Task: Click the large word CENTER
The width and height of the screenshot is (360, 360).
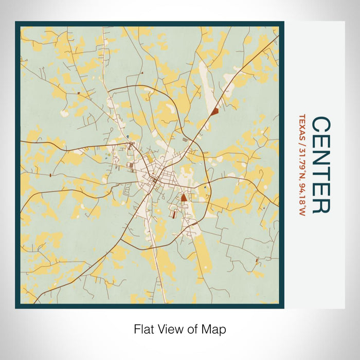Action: [x=321, y=165]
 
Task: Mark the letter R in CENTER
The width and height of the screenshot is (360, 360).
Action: [x=321, y=205]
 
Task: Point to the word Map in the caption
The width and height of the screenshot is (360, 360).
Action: [x=215, y=329]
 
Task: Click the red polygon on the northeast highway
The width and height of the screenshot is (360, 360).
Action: [x=214, y=110]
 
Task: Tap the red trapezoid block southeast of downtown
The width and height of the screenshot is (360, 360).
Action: [x=184, y=197]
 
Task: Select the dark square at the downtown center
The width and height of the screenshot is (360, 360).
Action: [x=154, y=180]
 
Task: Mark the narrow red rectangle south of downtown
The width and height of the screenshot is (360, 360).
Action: [x=173, y=215]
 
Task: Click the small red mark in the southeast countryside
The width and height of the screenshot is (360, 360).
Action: [x=257, y=261]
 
